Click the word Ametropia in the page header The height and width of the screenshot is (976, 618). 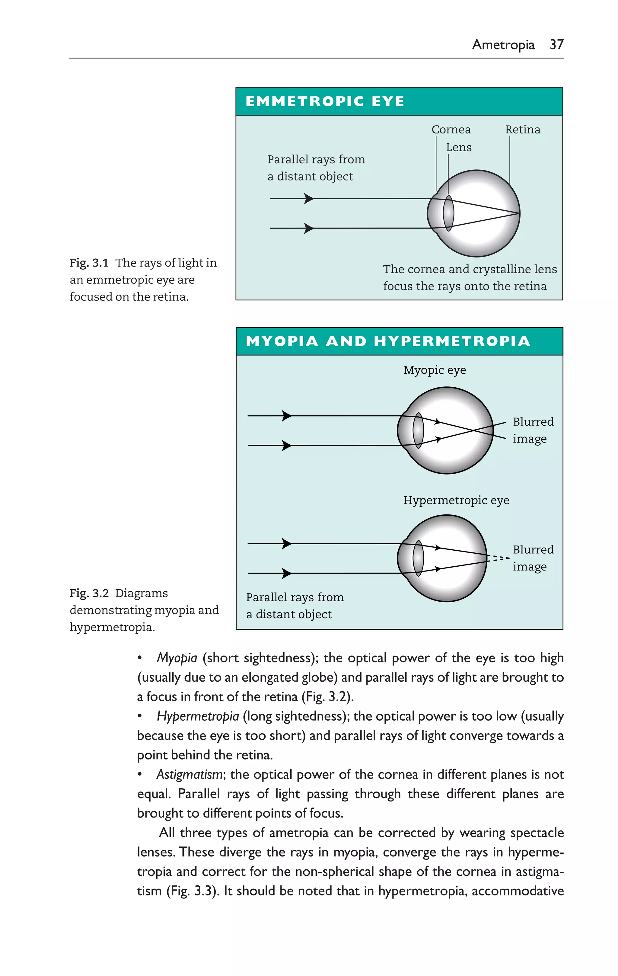coord(503,45)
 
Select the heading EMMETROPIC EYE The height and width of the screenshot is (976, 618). coord(325,101)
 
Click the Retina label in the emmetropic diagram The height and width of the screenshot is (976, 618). coord(522,130)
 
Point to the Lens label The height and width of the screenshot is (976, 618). coord(458,148)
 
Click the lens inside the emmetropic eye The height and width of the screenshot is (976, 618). coord(448,213)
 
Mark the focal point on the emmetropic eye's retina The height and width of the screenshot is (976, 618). coord(519,213)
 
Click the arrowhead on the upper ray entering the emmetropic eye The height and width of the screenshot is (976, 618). coord(309,199)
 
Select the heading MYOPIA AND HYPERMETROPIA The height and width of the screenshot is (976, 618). coord(388,341)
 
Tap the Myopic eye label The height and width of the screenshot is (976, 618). coord(435,370)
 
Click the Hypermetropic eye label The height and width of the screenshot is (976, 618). coord(456,500)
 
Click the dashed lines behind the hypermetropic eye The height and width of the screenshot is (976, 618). coord(499,558)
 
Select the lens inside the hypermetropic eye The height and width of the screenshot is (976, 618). coord(418,558)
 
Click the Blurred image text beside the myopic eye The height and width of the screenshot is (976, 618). coord(533,430)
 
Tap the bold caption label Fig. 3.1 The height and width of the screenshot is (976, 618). coord(89,263)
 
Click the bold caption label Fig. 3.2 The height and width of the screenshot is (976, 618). coord(89,594)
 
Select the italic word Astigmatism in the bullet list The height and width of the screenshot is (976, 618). coord(189,775)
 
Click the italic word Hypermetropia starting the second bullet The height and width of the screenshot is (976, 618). coord(198,716)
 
